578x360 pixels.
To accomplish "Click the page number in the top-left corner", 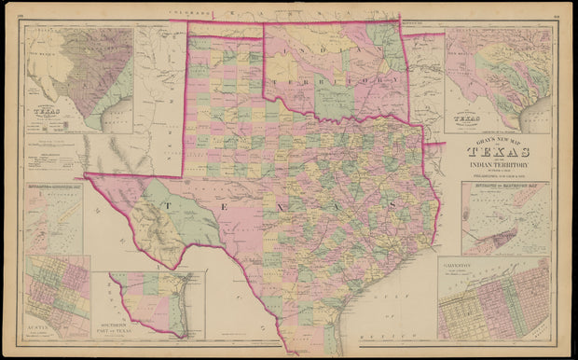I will [21, 13].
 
